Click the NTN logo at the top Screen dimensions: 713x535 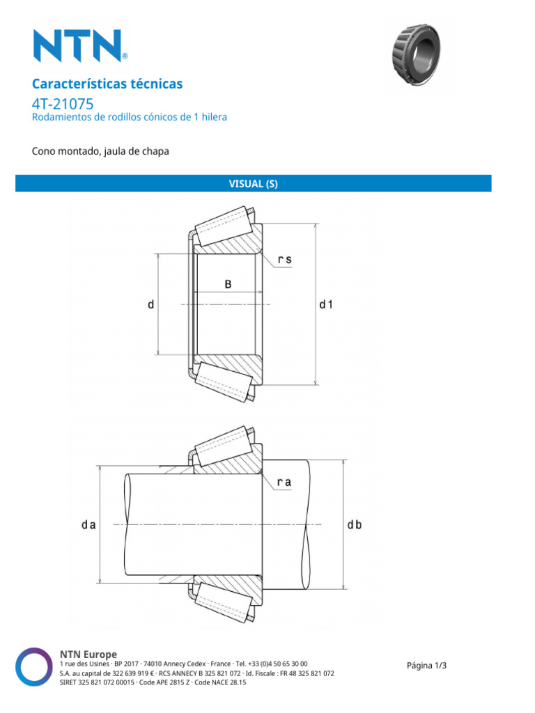[79, 45]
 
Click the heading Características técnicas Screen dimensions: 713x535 [107, 84]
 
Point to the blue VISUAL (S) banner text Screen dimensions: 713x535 [254, 184]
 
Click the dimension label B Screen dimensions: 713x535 [228, 284]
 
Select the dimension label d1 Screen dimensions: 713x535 [326, 305]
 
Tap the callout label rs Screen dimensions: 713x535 [284, 260]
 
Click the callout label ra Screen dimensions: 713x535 [284, 482]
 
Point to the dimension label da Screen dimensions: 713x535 [87, 526]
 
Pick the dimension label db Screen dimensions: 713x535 [355, 526]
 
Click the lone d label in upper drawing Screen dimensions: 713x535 [150, 305]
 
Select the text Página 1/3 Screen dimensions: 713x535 [426, 665]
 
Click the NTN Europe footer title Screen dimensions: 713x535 [88, 654]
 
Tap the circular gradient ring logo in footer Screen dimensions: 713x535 [35, 667]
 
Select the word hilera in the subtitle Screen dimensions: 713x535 [212, 117]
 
